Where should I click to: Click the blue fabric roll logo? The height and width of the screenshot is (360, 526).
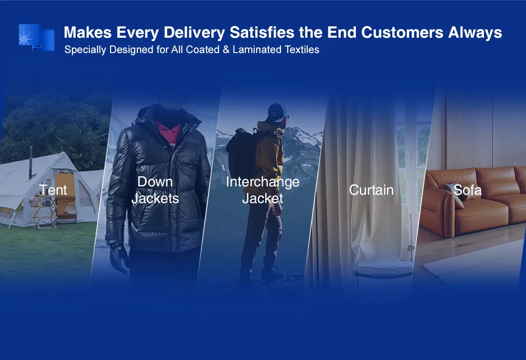[x=37, y=37]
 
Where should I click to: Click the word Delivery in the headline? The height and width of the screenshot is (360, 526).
[x=195, y=32]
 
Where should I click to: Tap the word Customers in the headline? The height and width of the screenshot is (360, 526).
[x=402, y=32]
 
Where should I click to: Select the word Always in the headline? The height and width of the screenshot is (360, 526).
[x=475, y=32]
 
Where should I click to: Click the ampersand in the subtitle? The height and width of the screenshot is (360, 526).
[x=226, y=50]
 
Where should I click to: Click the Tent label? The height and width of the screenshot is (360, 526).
[x=53, y=190]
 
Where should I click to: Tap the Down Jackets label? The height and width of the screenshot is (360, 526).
[x=155, y=190]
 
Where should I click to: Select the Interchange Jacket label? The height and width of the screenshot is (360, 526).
[x=263, y=190]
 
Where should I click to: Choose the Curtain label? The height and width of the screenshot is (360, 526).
[x=371, y=190]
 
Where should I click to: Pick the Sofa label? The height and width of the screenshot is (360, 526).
[x=467, y=190]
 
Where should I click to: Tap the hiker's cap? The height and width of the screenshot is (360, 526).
[x=277, y=111]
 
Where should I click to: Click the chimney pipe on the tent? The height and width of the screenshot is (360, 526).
[x=31, y=162]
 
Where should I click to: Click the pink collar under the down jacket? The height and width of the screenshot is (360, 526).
[x=168, y=133]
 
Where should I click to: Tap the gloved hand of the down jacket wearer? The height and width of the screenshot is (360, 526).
[x=119, y=260]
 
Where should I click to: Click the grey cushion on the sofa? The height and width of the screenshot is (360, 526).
[x=454, y=191]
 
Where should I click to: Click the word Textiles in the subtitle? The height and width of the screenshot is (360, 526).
[x=302, y=50]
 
